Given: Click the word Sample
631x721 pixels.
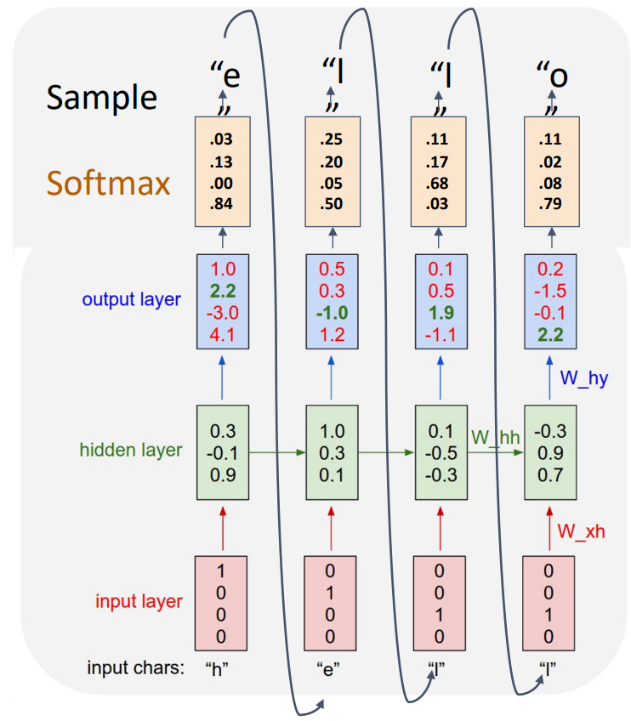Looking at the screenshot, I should point(102,97).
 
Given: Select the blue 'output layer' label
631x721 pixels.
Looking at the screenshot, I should point(131,299).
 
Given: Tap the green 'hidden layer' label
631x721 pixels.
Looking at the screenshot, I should point(131,450).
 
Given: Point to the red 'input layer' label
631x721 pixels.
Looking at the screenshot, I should point(138,601).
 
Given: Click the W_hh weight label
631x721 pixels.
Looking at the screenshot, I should point(495,438).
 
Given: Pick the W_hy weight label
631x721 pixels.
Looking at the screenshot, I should point(583,378).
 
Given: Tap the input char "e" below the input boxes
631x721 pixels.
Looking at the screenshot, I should point(331,668).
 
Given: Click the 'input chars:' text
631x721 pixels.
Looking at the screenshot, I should point(135,668).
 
